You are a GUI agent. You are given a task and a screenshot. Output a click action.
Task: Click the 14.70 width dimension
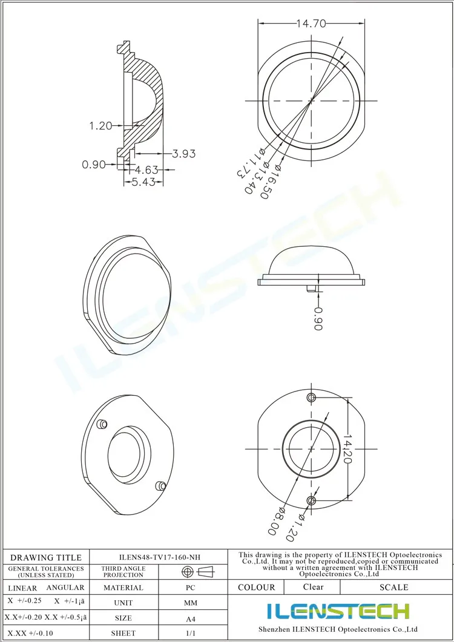pyautogui.click(x=311, y=24)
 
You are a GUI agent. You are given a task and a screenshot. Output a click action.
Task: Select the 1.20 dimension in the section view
pyautogui.click(x=100, y=126)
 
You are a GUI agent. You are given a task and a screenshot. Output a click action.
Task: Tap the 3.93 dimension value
pyautogui.click(x=183, y=154)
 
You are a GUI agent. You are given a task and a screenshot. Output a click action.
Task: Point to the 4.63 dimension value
pyautogui.click(x=147, y=169)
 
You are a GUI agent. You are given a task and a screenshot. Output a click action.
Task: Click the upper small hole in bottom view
pyautogui.click(x=312, y=397)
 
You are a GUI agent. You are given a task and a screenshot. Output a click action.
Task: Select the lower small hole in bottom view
pyautogui.click(x=312, y=500)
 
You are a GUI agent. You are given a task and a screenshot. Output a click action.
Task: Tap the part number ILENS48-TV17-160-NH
pyautogui.click(x=159, y=557)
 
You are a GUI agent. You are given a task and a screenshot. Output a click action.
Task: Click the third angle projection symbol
pyautogui.click(x=197, y=572)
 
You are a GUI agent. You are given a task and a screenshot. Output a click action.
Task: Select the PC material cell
pyautogui.click(x=190, y=588)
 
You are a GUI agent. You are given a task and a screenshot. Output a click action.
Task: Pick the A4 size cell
pyautogui.click(x=190, y=619)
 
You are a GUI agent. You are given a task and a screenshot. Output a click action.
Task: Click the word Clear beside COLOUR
pyautogui.click(x=313, y=587)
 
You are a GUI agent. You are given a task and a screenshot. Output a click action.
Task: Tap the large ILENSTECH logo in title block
pyautogui.click(x=338, y=611)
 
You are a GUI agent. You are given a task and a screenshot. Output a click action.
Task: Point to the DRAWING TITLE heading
pyautogui.click(x=46, y=557)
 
